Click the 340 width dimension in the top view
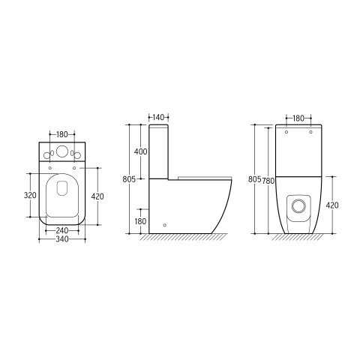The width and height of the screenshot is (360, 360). [62, 239]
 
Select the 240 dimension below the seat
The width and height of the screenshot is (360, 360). [62, 230]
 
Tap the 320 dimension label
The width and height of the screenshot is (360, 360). [30, 195]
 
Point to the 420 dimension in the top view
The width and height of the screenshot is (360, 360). [97, 196]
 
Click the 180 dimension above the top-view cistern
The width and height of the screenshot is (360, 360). [62, 134]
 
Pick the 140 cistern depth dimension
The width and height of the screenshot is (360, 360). [158, 117]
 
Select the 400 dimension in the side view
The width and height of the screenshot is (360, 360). [141, 151]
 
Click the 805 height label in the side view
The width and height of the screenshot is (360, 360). [129, 179]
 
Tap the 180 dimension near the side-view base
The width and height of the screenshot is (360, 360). [140, 221]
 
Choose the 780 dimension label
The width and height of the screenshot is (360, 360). [268, 181]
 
